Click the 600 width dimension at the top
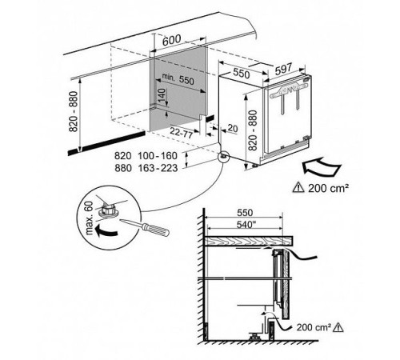pyautogui.click(x=172, y=40)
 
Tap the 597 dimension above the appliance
pyautogui.click(x=283, y=70)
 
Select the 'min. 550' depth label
pyautogui.click(x=178, y=78)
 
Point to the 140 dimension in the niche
pyautogui.click(x=162, y=95)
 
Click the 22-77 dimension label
pyautogui.click(x=182, y=133)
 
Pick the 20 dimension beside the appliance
pyautogui.click(x=233, y=129)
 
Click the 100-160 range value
pyautogui.click(x=158, y=155)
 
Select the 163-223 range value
pyautogui.click(x=158, y=168)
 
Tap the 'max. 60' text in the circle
pyautogui.click(x=90, y=218)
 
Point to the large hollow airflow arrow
pyautogui.click(x=322, y=166)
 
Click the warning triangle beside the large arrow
pyautogui.click(x=298, y=187)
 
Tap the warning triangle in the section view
pyautogui.click(x=338, y=327)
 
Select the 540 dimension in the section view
pyautogui.click(x=243, y=225)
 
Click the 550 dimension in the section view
pyautogui.click(x=245, y=213)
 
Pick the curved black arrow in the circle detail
pyautogui.click(x=106, y=230)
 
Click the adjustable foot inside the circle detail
pyautogui.click(x=108, y=210)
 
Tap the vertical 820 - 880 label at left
pyautogui.click(x=73, y=111)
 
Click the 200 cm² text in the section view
pyautogui.click(x=314, y=327)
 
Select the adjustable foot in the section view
pyautogui.click(x=254, y=337)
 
